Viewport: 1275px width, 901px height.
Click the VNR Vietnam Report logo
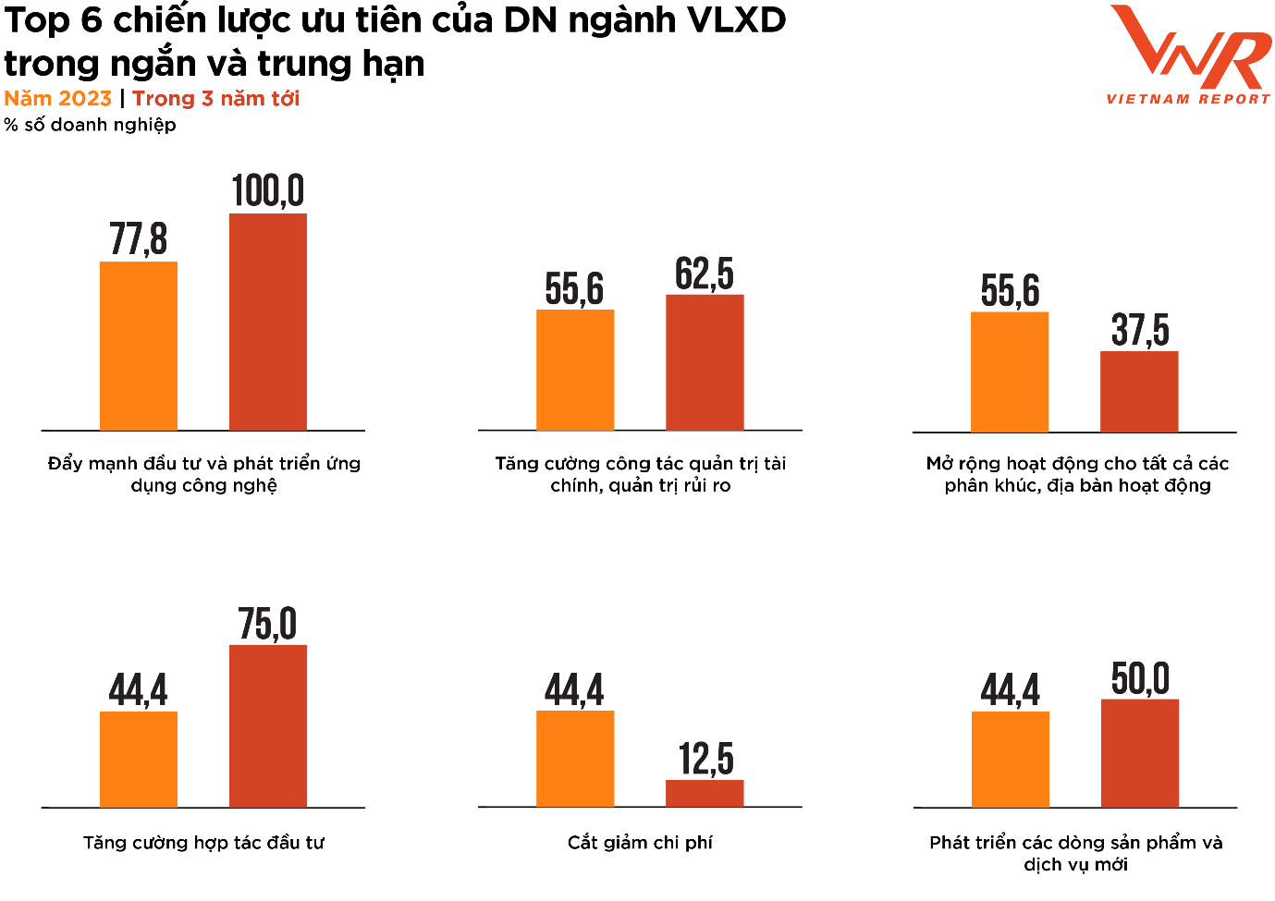point(1189,55)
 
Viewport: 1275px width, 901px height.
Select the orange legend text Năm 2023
point(57,99)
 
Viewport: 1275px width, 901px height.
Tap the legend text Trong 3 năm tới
point(215,99)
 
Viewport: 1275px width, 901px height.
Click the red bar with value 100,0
point(268,322)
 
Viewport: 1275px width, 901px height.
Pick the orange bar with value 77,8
point(139,346)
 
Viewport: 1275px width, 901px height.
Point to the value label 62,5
point(705,274)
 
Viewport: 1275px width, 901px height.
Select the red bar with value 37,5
point(1139,391)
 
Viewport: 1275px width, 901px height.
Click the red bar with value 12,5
point(705,793)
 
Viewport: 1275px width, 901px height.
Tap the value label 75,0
point(268,624)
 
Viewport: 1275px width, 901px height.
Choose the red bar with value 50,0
point(1140,753)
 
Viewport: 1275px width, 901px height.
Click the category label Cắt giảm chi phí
point(640,842)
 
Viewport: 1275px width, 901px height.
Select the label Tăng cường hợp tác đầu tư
point(203,842)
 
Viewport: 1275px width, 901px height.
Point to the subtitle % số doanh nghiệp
point(90,125)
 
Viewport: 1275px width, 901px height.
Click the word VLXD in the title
point(738,20)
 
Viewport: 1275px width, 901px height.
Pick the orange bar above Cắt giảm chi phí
point(575,759)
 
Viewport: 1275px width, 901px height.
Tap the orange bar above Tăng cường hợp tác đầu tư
point(139,759)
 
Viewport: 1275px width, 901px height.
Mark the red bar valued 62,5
point(705,362)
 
